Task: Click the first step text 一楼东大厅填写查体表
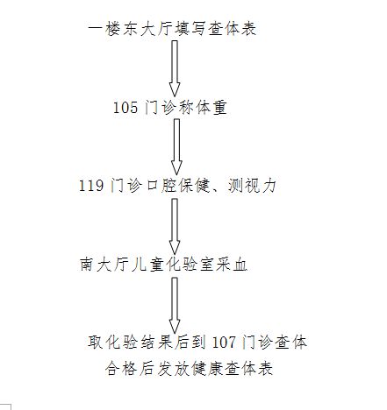pos(172,29)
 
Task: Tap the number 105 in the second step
pos(125,108)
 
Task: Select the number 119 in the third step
pos(91,186)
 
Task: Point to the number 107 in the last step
pos(224,342)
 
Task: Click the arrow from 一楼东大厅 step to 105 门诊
pos(175,68)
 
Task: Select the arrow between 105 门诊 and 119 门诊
pos(176,147)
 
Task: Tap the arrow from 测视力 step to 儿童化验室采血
pos(175,227)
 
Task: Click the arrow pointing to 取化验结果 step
pos(175,305)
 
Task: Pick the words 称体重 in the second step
pos(203,108)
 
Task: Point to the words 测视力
pos(252,186)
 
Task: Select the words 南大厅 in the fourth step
pos(104,265)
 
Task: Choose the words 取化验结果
pos(130,342)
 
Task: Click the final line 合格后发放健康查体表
pos(189,368)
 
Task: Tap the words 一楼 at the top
pos(104,29)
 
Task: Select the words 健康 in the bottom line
pos(206,368)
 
